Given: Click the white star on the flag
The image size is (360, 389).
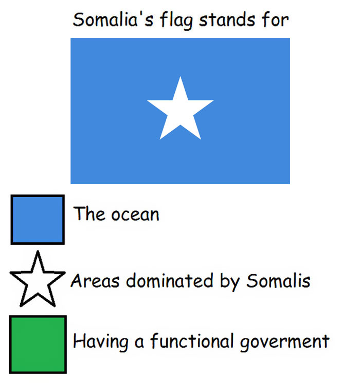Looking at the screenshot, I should [x=180, y=111].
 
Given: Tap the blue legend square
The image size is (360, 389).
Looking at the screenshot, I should [x=38, y=219].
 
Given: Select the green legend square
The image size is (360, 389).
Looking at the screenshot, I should [x=38, y=344].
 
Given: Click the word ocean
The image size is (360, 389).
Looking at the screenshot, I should [x=136, y=214].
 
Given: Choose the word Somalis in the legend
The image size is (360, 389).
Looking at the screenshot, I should [x=278, y=281].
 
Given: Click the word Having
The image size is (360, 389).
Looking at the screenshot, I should [x=101, y=342].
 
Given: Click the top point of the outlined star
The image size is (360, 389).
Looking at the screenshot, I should [x=37, y=252].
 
